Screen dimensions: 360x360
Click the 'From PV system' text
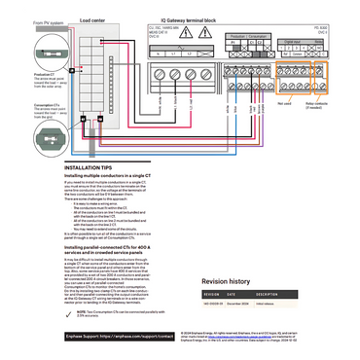tap(21, 22)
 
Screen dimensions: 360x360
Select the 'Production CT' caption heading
tap(17, 74)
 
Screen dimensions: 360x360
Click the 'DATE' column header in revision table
tap(234, 293)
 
